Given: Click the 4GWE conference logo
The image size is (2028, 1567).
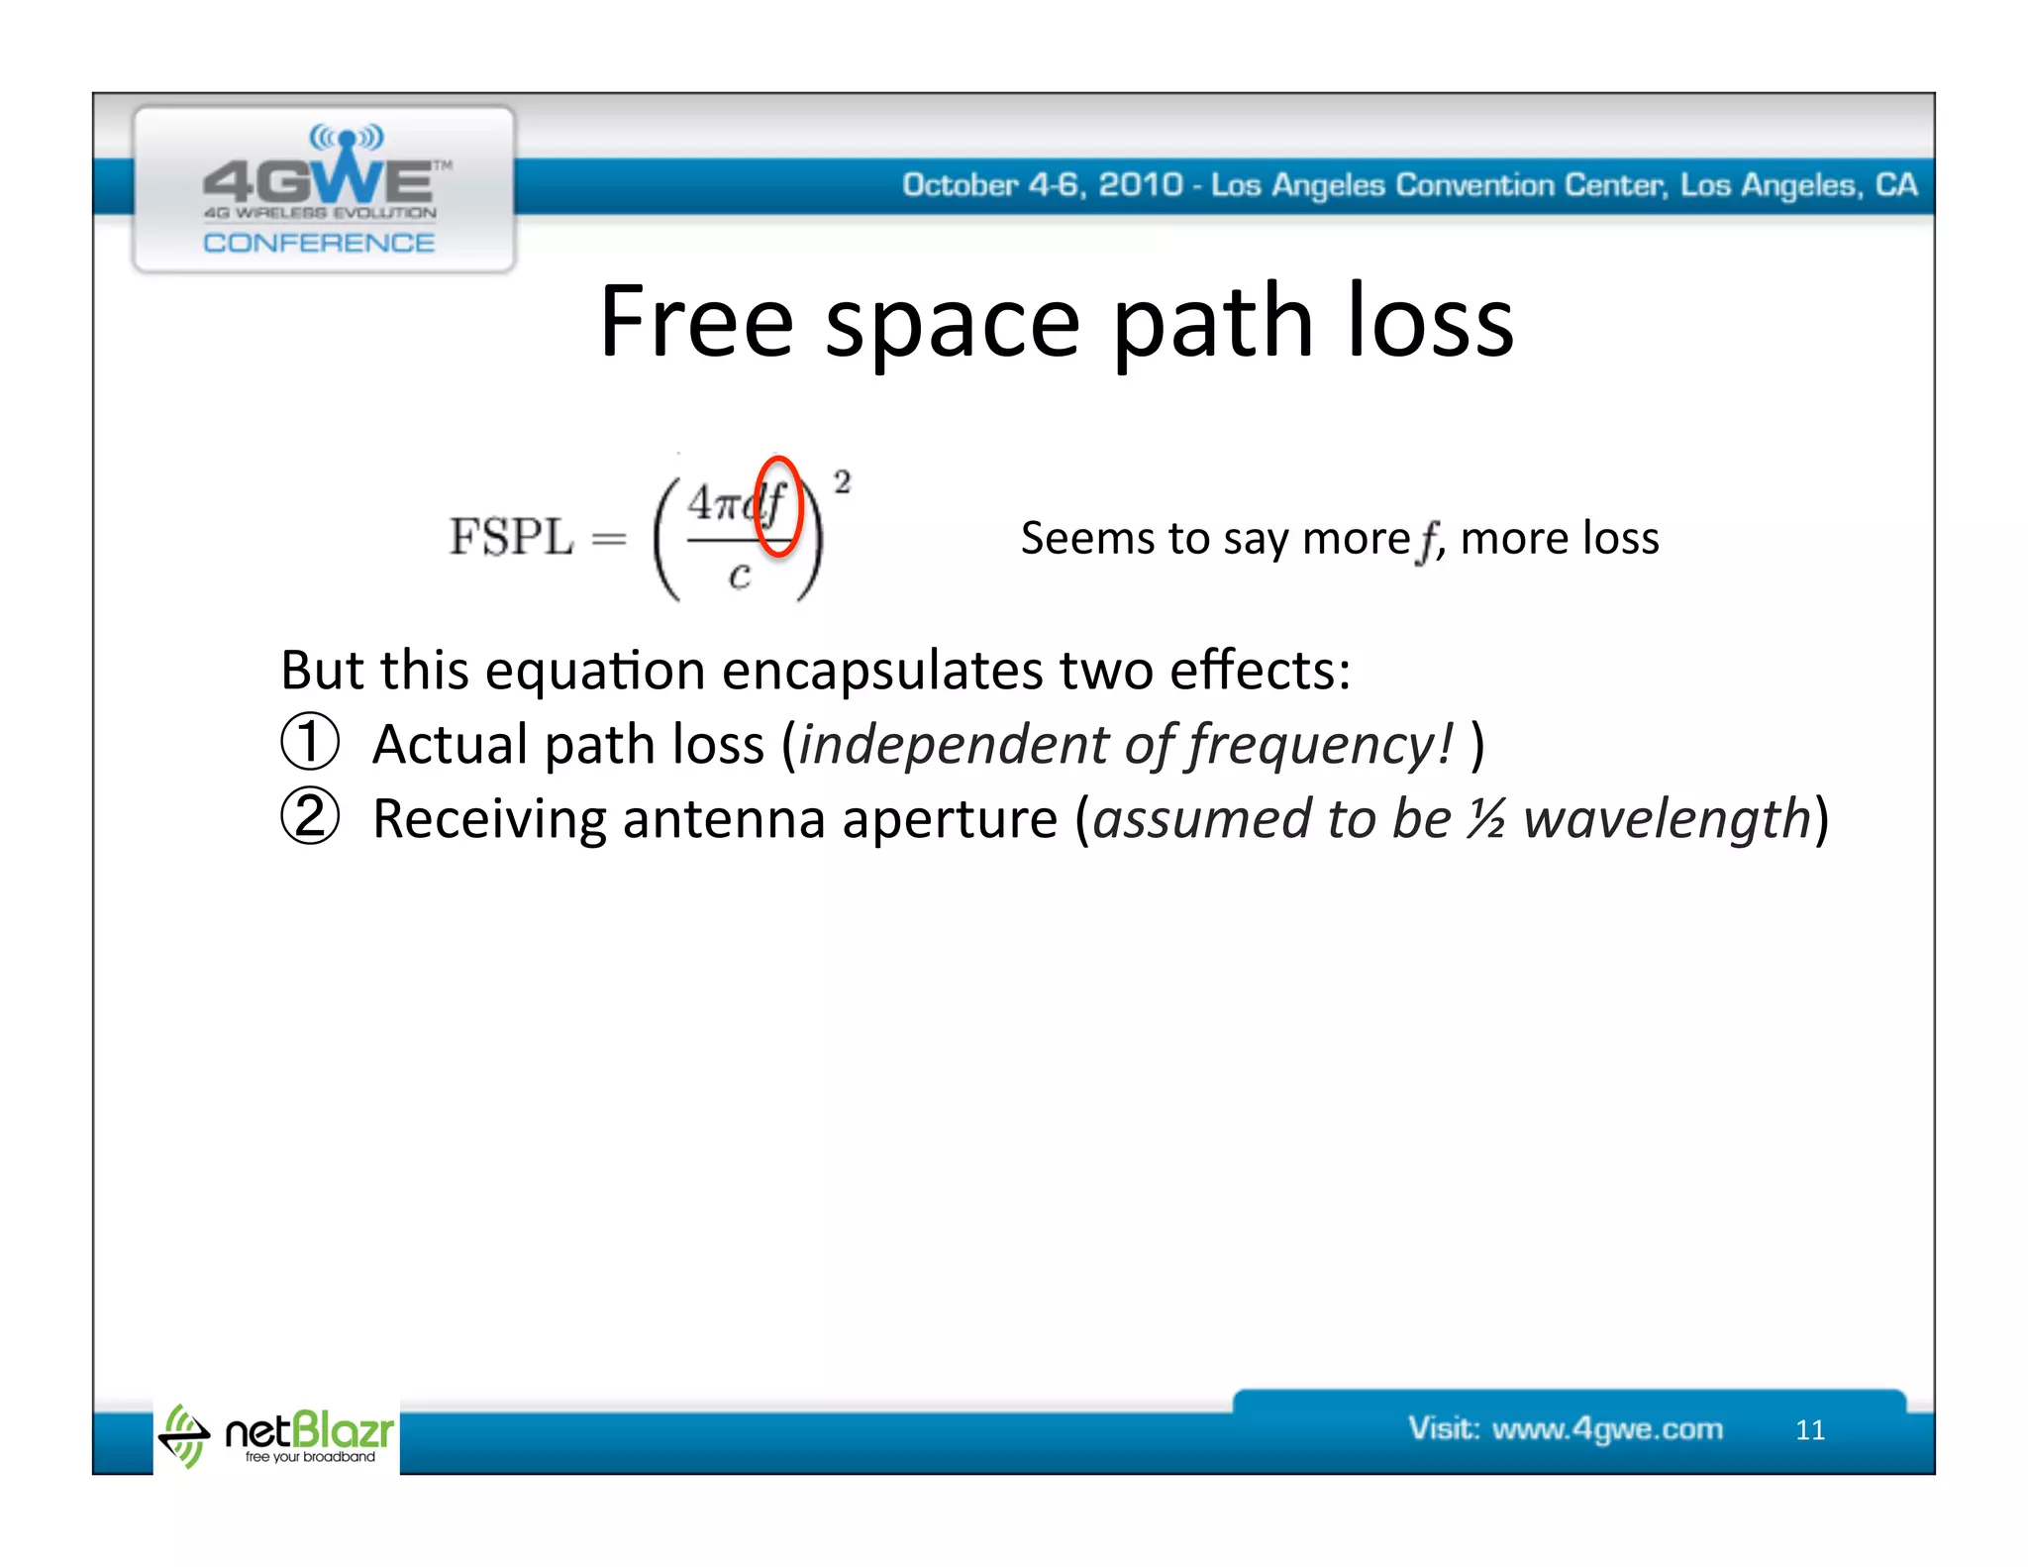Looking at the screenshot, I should (x=323, y=188).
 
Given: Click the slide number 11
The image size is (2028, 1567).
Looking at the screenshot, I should (x=1810, y=1429).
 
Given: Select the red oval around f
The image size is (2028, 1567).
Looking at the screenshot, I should (x=777, y=506).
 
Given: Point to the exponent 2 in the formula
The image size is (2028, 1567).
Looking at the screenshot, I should (x=842, y=482).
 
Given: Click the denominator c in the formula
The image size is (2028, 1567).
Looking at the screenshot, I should (x=739, y=574).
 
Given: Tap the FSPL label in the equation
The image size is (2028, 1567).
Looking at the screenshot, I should (x=511, y=537).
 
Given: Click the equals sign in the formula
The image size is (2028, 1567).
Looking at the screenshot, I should (x=608, y=539).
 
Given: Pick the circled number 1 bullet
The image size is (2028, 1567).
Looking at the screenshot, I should (x=310, y=743).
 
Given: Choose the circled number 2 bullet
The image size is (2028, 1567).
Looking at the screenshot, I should (x=310, y=817).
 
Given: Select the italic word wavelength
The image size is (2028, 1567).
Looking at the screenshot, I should (x=1667, y=819).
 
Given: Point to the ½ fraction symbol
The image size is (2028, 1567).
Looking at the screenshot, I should (x=1485, y=819).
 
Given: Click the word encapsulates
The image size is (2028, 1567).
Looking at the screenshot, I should (x=881, y=671).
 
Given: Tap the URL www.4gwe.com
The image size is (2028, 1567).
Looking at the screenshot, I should (x=1607, y=1428).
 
